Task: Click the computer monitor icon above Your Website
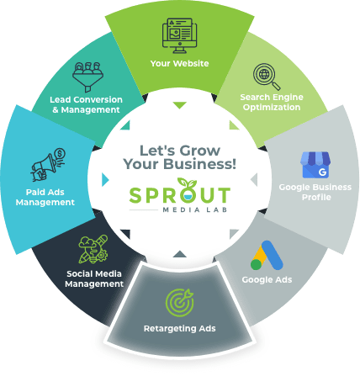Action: coord(179,35)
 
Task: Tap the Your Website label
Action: coord(179,63)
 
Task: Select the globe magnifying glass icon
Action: coord(267,77)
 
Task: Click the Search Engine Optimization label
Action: coord(272,102)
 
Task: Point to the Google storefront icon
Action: coord(315,165)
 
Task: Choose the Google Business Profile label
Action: coord(315,192)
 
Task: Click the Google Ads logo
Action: coord(267,255)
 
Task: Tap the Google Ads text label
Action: coord(267,279)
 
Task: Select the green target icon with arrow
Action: coord(180,303)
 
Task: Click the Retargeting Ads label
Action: coord(180,328)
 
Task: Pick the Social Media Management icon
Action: coord(93,249)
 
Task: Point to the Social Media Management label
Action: coord(94,278)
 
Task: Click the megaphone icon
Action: coord(44,167)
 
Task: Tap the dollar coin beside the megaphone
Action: coord(60,154)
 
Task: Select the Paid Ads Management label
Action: coord(45,197)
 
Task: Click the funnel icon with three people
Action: coord(87,77)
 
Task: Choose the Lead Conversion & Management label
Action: coord(87,104)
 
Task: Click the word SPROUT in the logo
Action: coord(180,194)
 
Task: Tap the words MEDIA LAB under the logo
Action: coord(195,209)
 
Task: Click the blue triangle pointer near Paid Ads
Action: coord(105,179)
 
